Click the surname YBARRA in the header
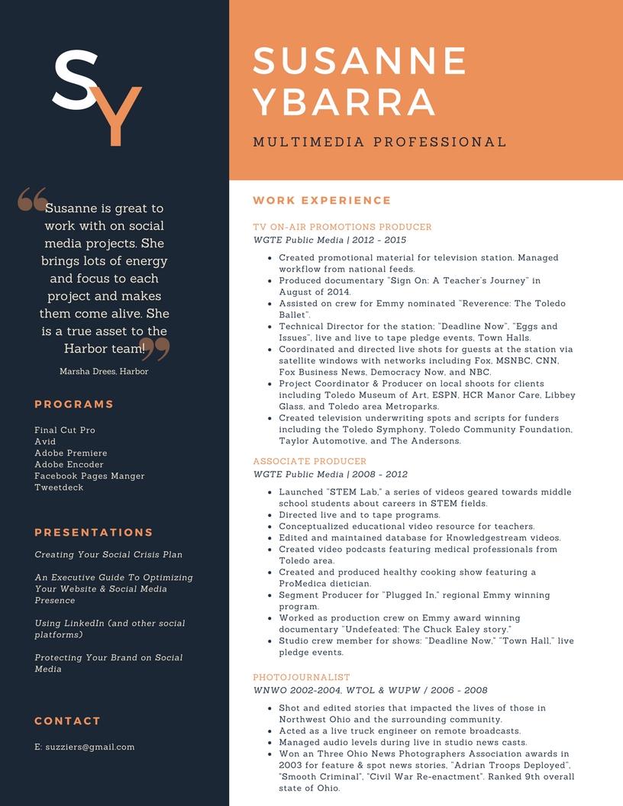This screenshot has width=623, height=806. click(344, 103)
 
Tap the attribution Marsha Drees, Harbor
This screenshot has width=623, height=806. click(104, 372)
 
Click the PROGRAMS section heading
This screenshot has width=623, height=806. click(74, 405)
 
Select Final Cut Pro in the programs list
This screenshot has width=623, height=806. click(65, 430)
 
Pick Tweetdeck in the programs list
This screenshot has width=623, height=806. click(59, 488)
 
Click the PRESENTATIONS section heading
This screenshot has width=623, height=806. click(94, 533)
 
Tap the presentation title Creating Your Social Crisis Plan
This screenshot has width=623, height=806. click(108, 555)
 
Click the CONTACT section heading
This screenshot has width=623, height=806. click(68, 721)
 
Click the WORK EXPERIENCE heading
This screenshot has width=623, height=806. click(321, 201)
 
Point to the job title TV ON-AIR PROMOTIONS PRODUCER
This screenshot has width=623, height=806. click(342, 227)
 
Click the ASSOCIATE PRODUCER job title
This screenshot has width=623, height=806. click(310, 461)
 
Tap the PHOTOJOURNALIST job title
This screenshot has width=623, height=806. click(302, 677)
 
